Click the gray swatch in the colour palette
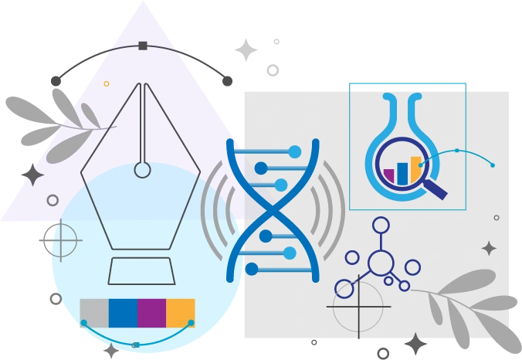click(x=94, y=312)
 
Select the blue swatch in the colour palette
click(x=123, y=312)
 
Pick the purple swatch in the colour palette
click(x=151, y=312)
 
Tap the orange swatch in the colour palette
click(x=181, y=312)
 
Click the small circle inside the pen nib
click(x=142, y=169)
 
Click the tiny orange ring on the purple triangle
click(x=107, y=83)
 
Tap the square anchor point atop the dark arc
click(x=142, y=46)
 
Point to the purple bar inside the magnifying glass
click(x=389, y=175)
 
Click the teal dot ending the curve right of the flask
click(x=493, y=165)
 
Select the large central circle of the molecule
click(x=381, y=263)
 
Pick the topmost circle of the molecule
click(x=381, y=226)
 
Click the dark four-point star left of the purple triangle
click(x=32, y=177)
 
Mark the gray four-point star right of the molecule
click(x=489, y=248)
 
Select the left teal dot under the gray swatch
click(x=83, y=322)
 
